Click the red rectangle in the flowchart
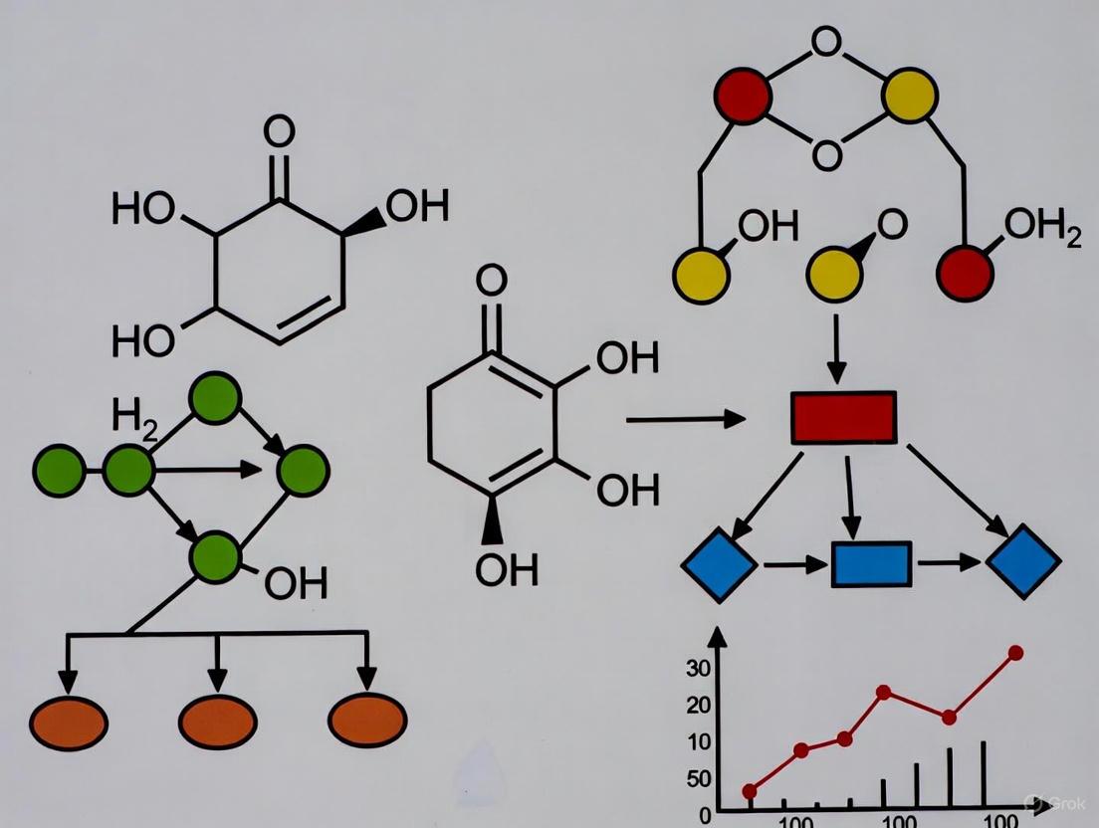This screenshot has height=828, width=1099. pos(843,417)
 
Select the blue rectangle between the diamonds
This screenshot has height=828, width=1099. pos(871,564)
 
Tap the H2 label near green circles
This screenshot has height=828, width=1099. pos(134,415)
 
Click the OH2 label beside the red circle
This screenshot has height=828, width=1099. pos(1042,229)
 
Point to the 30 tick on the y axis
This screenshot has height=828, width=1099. pos(699,669)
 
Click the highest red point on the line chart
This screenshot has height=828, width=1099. pos(1015,653)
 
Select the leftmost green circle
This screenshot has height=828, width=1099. pos(59,471)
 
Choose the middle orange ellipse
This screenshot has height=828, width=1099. pos(218,721)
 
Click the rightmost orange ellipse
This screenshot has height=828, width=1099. pos(367,720)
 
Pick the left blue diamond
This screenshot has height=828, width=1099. pos(720,564)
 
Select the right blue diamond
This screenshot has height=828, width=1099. pos(1023,561)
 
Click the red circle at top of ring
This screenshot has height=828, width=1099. pos(743,97)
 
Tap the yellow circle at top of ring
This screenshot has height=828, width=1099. pos(909,96)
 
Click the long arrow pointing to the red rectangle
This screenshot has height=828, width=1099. pos(685,420)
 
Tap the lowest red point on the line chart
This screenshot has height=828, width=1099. pos(750,791)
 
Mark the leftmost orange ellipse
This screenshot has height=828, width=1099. pos(68,723)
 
